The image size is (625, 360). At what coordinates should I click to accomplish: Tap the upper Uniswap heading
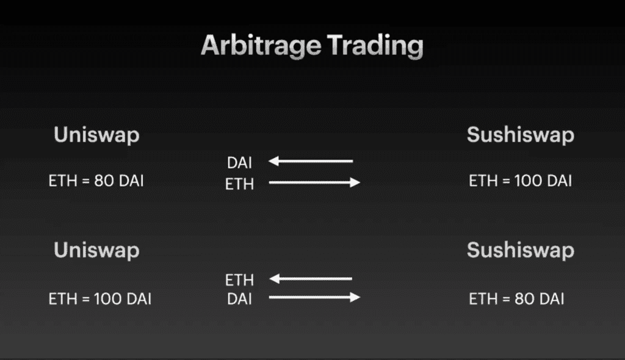[96, 135]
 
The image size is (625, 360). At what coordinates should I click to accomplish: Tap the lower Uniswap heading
[96, 250]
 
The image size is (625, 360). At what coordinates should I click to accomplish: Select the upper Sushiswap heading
[521, 135]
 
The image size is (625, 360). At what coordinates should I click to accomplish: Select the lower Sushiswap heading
[521, 250]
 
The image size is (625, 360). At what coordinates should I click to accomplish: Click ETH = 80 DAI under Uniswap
[96, 181]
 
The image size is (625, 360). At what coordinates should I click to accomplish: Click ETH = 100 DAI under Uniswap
[99, 299]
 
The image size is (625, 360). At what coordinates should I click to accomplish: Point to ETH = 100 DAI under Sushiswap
[521, 181]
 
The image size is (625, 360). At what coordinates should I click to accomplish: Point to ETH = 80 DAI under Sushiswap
[516, 299]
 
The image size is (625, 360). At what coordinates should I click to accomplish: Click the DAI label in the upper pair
[239, 162]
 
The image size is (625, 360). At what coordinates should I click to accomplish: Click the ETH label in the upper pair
[239, 184]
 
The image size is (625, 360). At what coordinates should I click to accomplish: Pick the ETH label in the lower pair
[239, 280]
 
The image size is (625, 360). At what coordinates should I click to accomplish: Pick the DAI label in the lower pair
[239, 299]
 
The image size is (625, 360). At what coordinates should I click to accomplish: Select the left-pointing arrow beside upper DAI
[311, 161]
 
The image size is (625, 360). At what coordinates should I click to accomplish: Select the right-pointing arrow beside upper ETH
[314, 182]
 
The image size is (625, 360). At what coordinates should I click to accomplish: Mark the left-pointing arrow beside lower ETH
[311, 279]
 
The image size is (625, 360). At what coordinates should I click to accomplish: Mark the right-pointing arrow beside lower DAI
[314, 298]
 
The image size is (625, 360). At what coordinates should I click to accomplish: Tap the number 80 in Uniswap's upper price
[103, 181]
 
